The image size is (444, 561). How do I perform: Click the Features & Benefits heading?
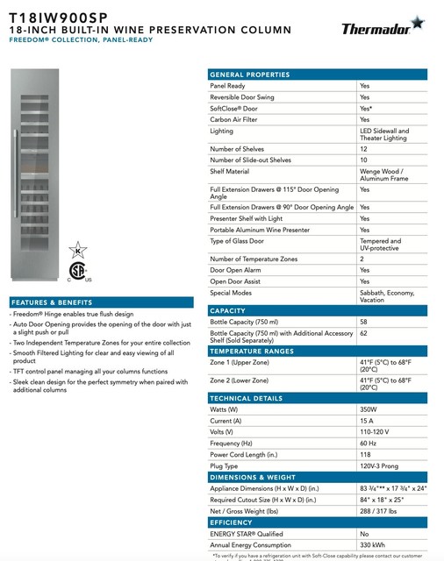pyautogui.click(x=52, y=302)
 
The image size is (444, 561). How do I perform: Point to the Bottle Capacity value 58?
pyautogui.click(x=364, y=323)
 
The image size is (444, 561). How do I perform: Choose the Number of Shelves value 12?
pyautogui.click(x=364, y=149)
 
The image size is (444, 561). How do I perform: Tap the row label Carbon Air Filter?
pyautogui.click(x=233, y=118)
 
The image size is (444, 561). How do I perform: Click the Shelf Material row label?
pyautogui.click(x=231, y=172)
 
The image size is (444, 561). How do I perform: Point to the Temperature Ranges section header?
pyautogui.click(x=253, y=350)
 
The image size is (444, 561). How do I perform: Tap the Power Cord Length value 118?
pyautogui.click(x=365, y=454)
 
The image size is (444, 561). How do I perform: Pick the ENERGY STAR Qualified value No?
pyautogui.click(x=363, y=533)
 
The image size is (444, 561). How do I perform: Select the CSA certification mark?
pyautogui.click(x=77, y=273)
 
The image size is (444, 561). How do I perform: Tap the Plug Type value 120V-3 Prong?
pyautogui.click(x=379, y=465)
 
